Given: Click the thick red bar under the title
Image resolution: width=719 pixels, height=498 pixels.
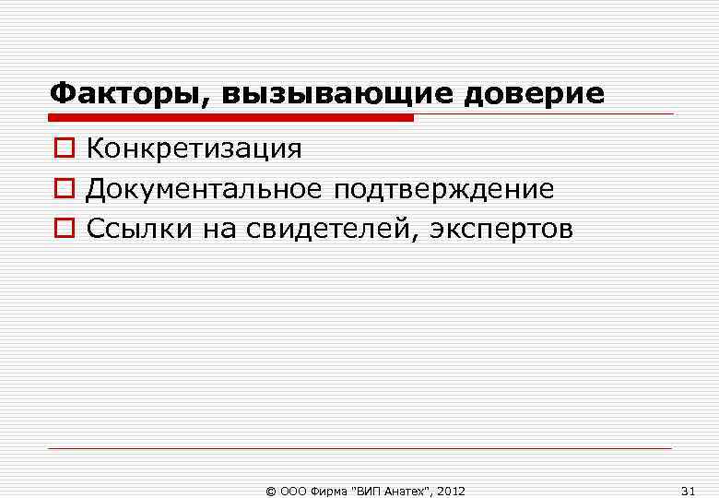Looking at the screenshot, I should [230, 118].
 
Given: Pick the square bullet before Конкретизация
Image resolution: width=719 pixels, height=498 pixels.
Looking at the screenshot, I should [60, 149].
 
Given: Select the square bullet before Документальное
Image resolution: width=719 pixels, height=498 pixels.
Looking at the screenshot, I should [60, 190].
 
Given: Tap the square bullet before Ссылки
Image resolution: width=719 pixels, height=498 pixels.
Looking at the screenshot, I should [60, 230].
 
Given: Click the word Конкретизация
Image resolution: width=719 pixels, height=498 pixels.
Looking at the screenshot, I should [194, 148].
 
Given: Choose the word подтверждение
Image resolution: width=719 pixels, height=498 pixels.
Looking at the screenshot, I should [444, 189].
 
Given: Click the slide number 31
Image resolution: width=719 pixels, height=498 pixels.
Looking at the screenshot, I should [688, 490].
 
